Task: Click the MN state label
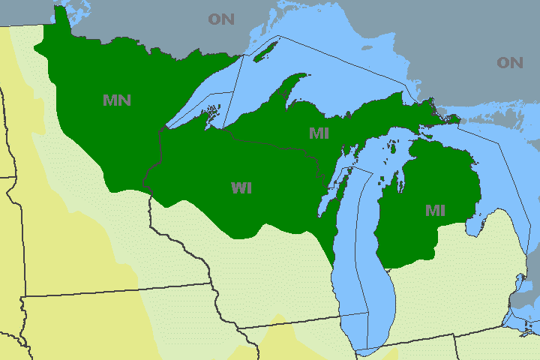pos(116,100)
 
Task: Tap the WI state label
pos(241,188)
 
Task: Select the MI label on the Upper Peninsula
pos(320,133)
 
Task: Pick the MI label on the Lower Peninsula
pos(435,211)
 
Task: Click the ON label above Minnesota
pos(221,19)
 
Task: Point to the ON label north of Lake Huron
pos(509,63)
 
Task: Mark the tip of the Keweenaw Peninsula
pos(306,75)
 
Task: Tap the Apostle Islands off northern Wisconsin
pos(213,113)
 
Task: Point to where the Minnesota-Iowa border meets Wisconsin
pos(209,284)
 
